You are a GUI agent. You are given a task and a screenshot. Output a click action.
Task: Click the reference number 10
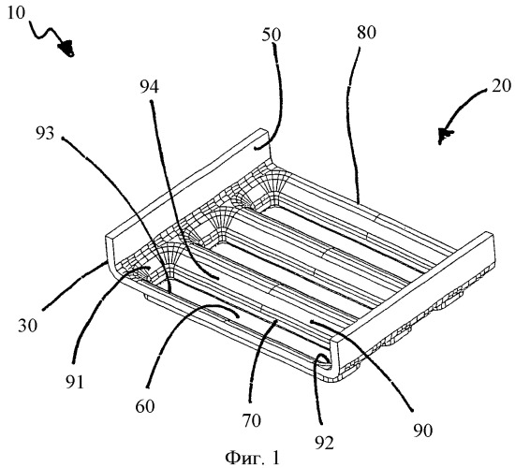point(16,13)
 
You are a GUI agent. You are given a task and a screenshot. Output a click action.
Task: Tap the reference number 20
point(501,86)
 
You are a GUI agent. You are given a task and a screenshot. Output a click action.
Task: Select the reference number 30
point(27,326)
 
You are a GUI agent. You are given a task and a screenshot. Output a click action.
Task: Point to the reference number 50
point(272,35)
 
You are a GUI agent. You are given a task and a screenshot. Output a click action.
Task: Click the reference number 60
point(145,406)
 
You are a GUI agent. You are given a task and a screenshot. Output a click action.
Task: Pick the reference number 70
point(252,420)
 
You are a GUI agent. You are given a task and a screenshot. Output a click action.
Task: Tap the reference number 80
point(366,33)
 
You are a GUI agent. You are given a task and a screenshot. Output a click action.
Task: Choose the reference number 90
point(423,431)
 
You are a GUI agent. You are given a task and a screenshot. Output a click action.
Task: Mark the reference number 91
point(75,383)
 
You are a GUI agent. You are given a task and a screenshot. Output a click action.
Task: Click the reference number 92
point(324,443)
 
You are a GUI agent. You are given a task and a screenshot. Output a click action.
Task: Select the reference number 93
point(45,134)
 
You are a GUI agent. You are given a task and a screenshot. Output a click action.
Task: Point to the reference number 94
point(150,87)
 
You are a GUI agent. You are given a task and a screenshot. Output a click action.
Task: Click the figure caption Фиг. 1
point(252,458)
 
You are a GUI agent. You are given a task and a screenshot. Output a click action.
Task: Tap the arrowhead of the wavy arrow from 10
point(67,48)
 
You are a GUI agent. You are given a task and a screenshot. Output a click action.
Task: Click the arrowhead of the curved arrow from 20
point(445,136)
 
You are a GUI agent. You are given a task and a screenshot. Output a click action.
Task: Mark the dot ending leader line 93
point(63,139)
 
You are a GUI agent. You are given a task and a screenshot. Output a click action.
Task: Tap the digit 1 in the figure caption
point(275,458)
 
